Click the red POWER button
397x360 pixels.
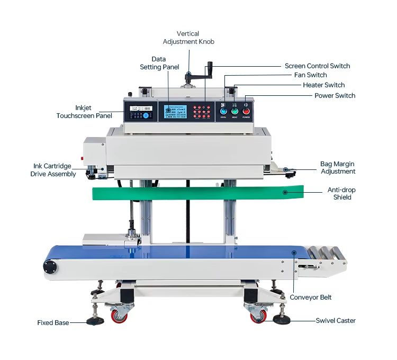click(246, 111)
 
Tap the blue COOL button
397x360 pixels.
click(223, 111)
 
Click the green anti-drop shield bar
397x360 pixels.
click(196, 192)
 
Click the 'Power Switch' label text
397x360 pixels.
click(335, 96)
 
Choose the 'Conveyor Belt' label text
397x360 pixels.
click(310, 297)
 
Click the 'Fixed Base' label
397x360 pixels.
click(53, 322)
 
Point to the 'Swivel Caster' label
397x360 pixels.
click(336, 320)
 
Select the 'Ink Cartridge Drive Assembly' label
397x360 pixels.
click(53, 170)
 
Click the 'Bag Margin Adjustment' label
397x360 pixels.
click(338, 168)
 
